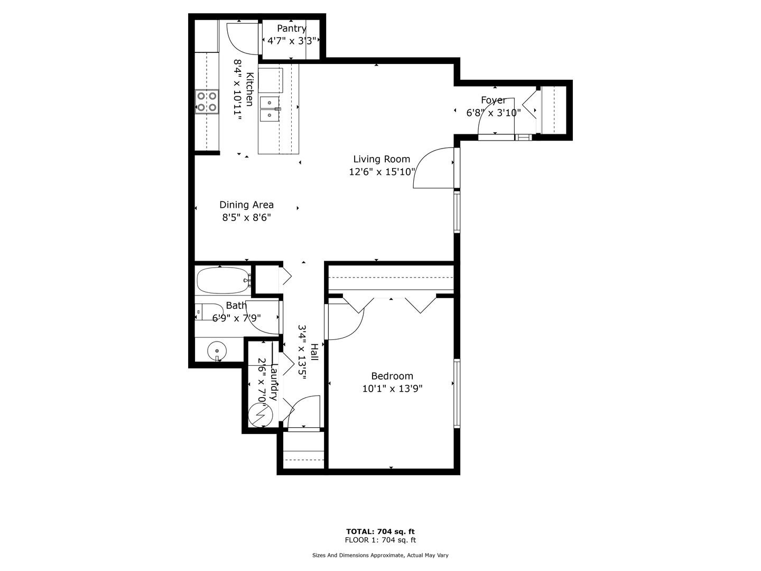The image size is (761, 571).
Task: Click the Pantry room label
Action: click(291, 28)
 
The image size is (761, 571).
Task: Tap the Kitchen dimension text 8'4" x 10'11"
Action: click(237, 90)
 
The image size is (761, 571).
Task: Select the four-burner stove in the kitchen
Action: click(207, 102)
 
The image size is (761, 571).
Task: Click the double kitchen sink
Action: click(270, 108)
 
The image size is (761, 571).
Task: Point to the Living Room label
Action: click(382, 159)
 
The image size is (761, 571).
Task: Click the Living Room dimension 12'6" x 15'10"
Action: click(382, 172)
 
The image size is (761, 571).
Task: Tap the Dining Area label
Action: click(246, 205)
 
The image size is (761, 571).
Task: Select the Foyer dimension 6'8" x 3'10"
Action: click(494, 113)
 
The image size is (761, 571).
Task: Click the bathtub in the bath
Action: click(223, 280)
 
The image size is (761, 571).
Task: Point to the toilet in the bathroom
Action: click(209, 312)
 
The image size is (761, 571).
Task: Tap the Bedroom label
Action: click(392, 376)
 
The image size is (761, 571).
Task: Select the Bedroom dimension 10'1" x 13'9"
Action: click(392, 388)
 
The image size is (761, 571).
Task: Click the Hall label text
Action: click(314, 352)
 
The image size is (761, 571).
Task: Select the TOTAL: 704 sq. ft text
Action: click(380, 531)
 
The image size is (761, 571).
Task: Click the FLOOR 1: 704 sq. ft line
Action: click(380, 540)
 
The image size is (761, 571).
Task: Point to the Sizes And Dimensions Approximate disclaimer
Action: click(380, 555)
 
